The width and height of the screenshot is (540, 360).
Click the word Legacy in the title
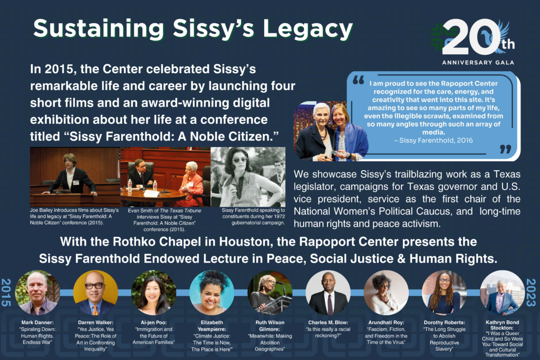click(x=307, y=29)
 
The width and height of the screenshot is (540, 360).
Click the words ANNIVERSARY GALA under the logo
click(x=478, y=63)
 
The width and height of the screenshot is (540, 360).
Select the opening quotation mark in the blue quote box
click(x=359, y=81)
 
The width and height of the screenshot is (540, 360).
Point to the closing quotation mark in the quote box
click(x=505, y=149)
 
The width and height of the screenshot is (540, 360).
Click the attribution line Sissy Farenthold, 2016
click(x=433, y=140)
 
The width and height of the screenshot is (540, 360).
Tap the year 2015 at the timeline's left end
click(x=6, y=292)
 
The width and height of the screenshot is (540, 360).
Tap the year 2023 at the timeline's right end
click(x=531, y=292)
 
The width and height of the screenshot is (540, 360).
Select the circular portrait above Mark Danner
click(x=37, y=293)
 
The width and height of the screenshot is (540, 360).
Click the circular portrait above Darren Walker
click(x=95, y=293)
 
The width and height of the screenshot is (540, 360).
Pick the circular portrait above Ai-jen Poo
click(x=153, y=293)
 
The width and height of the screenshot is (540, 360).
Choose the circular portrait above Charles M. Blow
click(x=328, y=293)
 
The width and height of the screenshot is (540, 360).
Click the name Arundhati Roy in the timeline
click(x=385, y=323)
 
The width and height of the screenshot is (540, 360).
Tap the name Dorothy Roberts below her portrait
click(x=444, y=323)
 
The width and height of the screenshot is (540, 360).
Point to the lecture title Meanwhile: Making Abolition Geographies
click(x=270, y=343)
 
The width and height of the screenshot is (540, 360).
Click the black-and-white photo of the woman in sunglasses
click(x=248, y=177)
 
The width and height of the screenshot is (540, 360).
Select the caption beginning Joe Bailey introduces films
click(x=74, y=217)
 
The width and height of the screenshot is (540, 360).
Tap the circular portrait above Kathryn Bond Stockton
click(x=503, y=293)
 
